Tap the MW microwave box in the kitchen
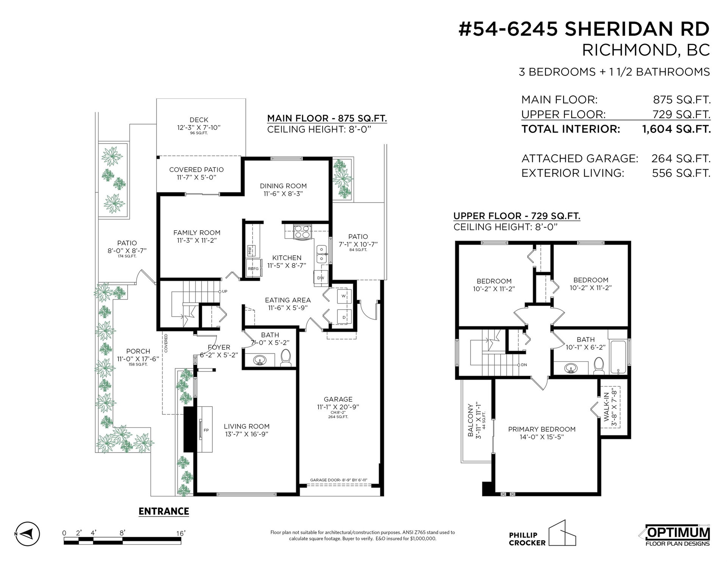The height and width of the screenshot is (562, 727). (250, 250)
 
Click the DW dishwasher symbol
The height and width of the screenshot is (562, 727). (320, 278)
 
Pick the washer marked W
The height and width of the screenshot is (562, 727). (343, 296)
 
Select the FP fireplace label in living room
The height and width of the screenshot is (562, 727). (206, 430)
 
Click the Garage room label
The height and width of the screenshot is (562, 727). (338, 399)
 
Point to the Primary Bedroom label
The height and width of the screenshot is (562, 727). (541, 429)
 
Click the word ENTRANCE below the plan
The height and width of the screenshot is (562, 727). (164, 511)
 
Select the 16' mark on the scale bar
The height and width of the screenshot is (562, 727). (181, 533)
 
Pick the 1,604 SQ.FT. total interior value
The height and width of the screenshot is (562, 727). (676, 129)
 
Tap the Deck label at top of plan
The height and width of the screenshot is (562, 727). (199, 120)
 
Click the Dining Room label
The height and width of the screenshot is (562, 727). (283, 186)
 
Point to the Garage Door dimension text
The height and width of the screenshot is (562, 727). (339, 480)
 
